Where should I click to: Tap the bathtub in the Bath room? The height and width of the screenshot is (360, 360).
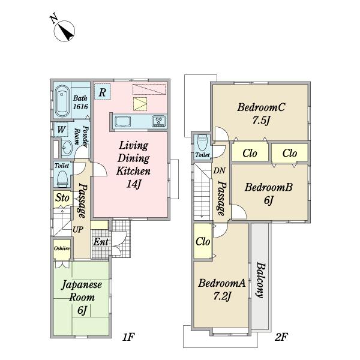(x=62, y=101)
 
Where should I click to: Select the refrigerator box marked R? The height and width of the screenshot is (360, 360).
(x=103, y=92)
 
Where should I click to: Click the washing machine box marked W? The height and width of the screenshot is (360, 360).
(x=61, y=130)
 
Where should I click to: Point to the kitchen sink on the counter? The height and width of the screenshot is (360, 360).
(x=123, y=121)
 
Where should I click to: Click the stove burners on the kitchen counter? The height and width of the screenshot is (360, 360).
(x=158, y=121)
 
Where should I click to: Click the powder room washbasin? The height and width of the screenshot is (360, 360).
(x=67, y=148)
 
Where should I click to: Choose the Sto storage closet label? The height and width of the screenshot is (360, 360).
(x=62, y=197)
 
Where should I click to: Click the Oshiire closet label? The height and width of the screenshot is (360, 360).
(x=62, y=248)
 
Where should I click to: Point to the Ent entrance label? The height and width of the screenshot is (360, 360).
(x=101, y=242)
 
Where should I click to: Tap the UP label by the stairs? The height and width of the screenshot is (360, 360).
(x=78, y=229)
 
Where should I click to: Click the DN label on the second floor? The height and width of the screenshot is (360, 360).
(x=219, y=170)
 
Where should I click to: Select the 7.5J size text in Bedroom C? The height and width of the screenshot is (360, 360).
(x=261, y=121)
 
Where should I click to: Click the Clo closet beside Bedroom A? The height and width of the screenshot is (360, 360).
(x=203, y=241)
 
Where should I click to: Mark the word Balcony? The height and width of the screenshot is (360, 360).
(x=260, y=280)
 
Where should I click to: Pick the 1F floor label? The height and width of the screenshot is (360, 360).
(x=128, y=337)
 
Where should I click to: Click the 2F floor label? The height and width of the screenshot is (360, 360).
(x=281, y=337)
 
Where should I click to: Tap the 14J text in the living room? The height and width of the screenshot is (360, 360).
(x=133, y=184)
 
